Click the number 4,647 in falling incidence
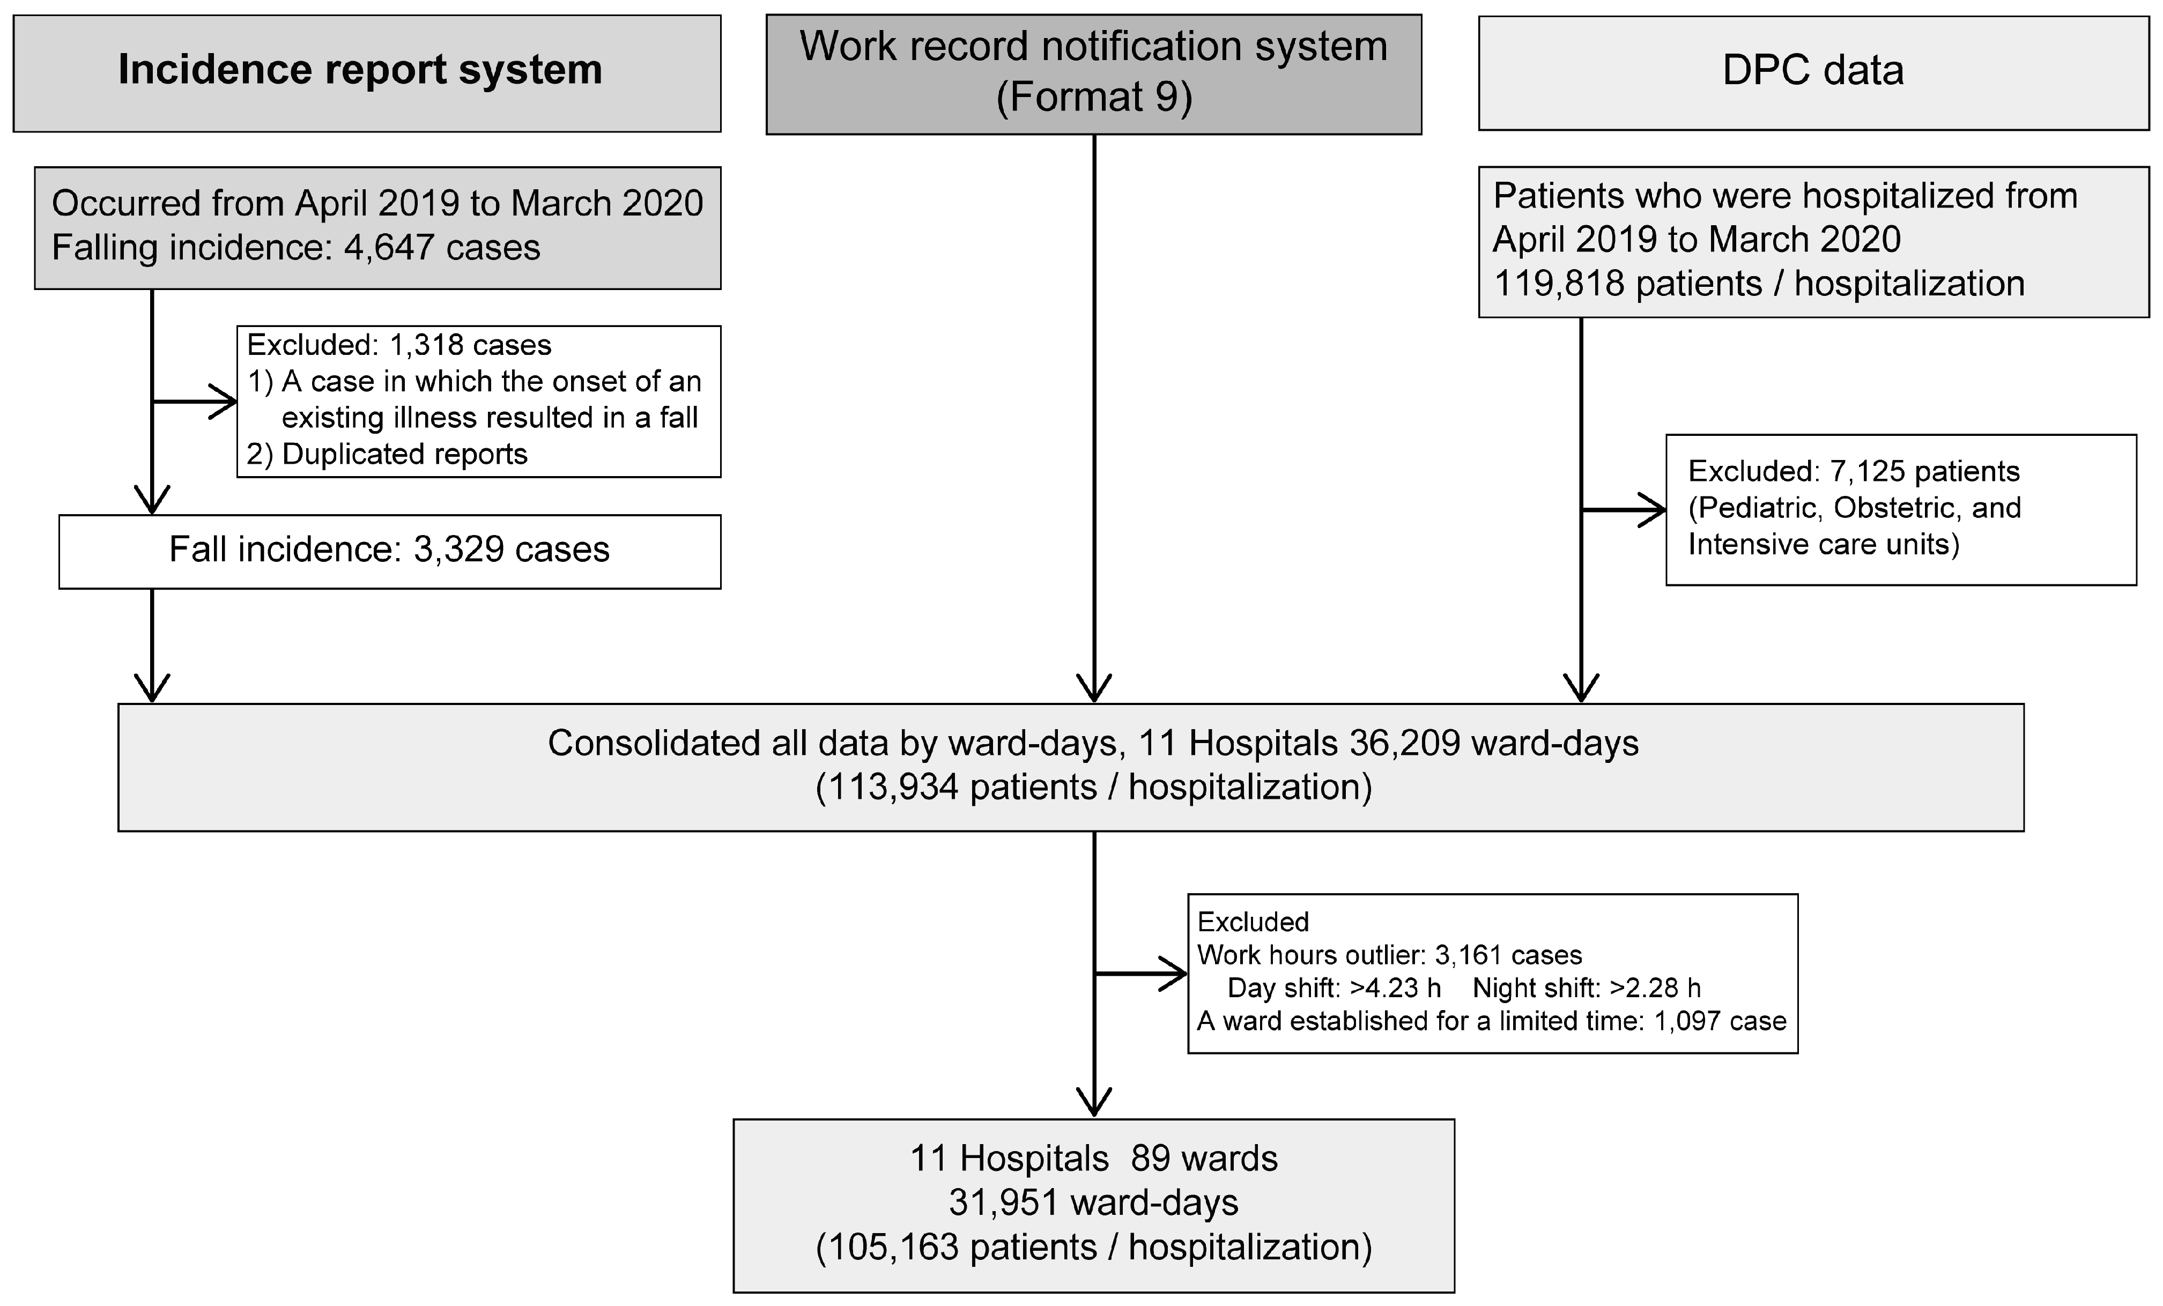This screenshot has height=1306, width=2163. [389, 248]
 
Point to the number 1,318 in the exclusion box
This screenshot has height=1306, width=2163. [426, 345]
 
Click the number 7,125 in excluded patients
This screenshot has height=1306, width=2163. [1866, 471]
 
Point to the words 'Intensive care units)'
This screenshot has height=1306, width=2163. [1823, 544]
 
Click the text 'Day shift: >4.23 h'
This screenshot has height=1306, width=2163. [1334, 988]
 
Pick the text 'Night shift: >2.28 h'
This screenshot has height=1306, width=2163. [1586, 988]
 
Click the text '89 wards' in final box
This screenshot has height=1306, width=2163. [1204, 1159]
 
